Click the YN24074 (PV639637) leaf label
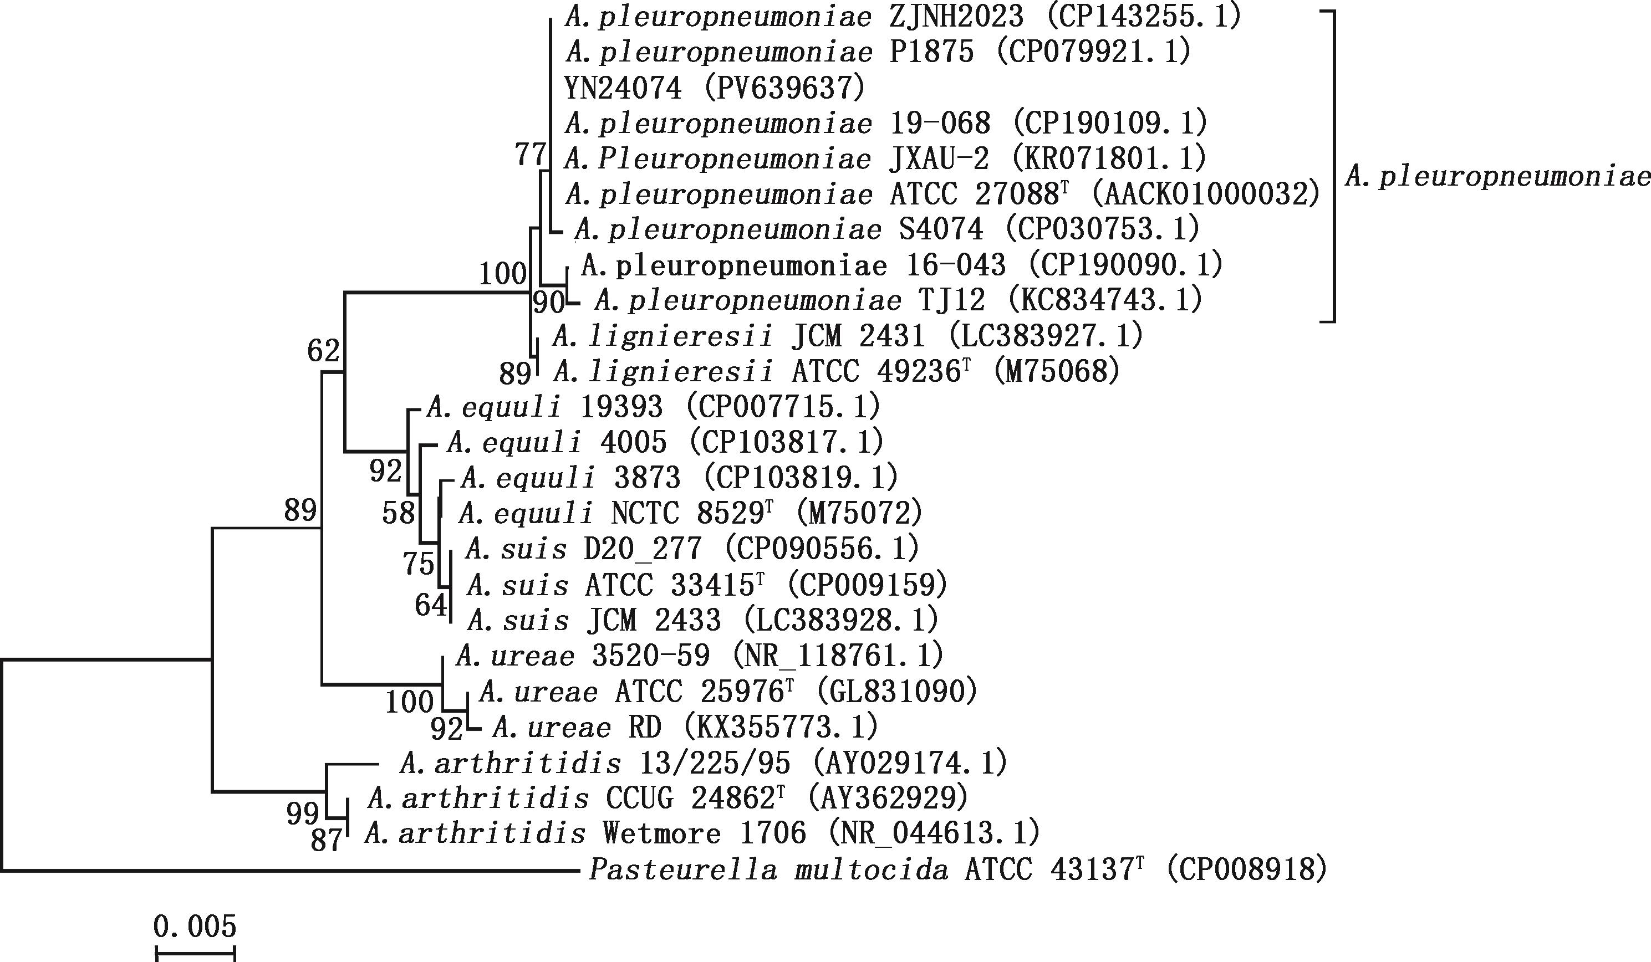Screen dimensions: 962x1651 pos(714,88)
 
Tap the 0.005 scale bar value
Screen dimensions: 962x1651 pos(195,927)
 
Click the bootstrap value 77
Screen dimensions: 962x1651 pos(530,155)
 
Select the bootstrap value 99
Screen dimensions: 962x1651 pos(303,814)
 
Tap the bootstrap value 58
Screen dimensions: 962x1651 pos(399,513)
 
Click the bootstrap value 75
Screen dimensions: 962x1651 pos(419,563)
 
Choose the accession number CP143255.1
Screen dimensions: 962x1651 pos(1140,17)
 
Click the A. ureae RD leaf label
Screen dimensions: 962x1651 pos(685,727)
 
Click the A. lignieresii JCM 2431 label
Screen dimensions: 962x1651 pos(848,336)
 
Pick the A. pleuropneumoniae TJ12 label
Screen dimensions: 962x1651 pos(898,300)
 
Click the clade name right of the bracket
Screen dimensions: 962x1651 pos(1497,177)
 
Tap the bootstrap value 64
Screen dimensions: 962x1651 pos(430,605)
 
